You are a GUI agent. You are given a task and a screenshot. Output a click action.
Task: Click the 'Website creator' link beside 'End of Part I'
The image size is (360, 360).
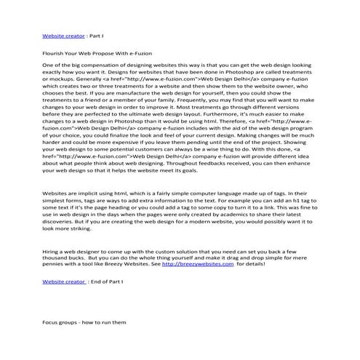point(64,279)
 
